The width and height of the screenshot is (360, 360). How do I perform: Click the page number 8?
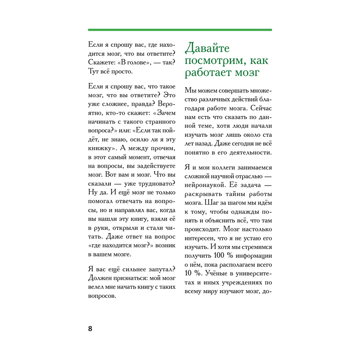coord(90,328)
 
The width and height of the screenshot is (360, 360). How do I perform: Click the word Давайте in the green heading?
coord(206,48)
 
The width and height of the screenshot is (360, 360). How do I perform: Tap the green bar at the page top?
coord(180,30)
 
